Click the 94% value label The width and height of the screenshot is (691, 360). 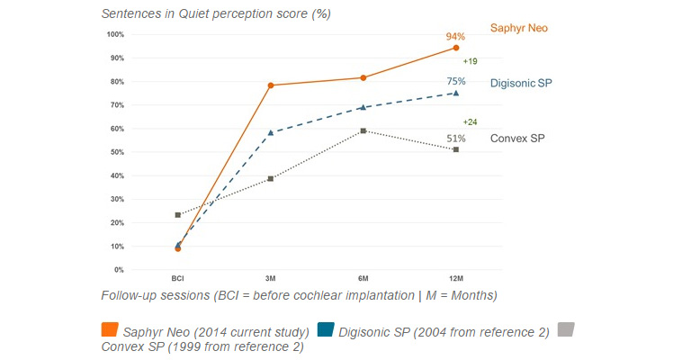(455, 37)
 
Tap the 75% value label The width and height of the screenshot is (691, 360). (456, 81)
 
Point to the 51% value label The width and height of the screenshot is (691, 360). (456, 139)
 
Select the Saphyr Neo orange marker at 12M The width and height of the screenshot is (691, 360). (456, 48)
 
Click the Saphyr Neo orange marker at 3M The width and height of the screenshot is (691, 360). (271, 85)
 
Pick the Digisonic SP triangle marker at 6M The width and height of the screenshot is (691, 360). (363, 107)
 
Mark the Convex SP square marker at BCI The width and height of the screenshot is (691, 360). (178, 215)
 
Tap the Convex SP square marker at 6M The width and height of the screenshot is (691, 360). (363, 130)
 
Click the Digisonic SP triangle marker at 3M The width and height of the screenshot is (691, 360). (271, 132)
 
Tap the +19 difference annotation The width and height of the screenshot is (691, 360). (470, 61)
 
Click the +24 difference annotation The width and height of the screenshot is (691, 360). (470, 121)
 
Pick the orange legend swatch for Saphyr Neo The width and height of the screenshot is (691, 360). (110, 331)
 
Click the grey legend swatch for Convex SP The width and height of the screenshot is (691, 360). (566, 330)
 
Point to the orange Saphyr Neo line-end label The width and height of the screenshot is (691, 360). (518, 28)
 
